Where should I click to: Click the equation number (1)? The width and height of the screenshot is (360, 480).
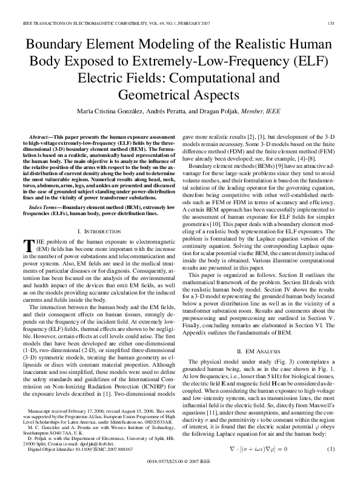pos(331,448)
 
